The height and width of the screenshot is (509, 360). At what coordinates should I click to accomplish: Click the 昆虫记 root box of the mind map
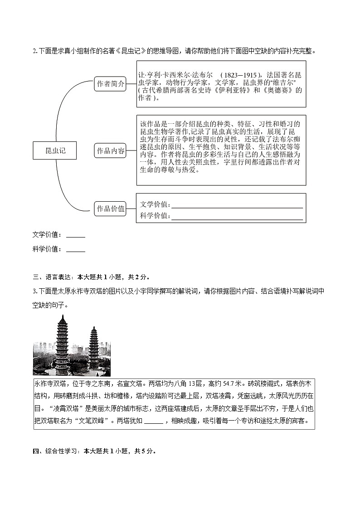point(55,150)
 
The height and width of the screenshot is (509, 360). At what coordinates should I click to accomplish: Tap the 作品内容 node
point(110,151)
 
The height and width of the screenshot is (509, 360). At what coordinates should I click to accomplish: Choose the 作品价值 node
point(110,208)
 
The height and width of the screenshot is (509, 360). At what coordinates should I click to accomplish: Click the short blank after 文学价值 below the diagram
point(75,235)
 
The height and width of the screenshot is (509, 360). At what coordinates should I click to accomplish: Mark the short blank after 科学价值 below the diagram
point(75,249)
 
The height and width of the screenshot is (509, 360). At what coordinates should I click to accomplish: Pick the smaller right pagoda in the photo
point(94,347)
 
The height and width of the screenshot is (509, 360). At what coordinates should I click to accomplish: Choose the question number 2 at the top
point(34,50)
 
